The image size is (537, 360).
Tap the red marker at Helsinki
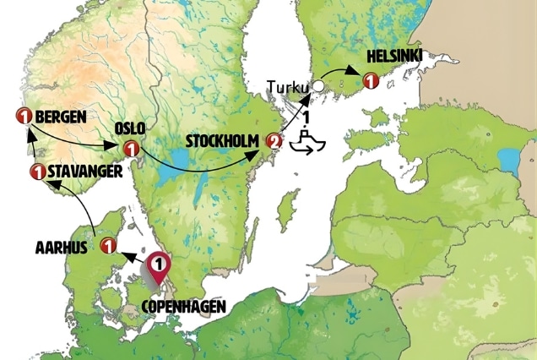(x=369, y=80)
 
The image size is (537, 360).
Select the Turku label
(x=288, y=86)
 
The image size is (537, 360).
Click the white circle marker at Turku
(x=317, y=85)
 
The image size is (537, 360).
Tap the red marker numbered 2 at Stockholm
(x=273, y=141)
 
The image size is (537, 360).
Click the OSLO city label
(x=130, y=128)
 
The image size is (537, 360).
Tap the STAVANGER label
(x=77, y=172)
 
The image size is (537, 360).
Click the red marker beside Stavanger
(x=36, y=172)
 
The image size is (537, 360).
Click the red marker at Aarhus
(x=107, y=246)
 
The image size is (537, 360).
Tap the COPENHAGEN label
(x=184, y=306)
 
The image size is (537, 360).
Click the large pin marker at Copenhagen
(x=157, y=271)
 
